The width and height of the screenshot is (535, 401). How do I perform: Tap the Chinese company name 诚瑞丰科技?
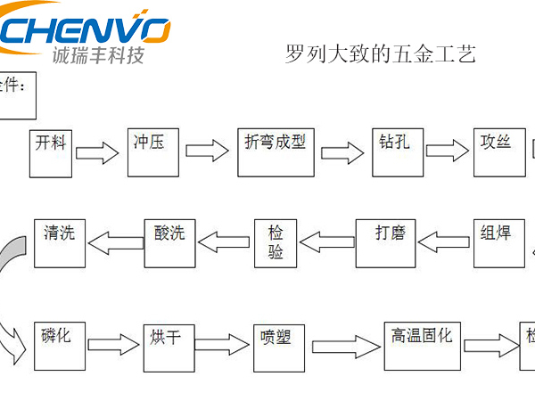click(x=98, y=56)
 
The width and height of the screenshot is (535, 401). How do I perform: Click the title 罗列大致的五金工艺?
click(x=379, y=54)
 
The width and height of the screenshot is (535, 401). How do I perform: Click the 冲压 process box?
click(x=154, y=151)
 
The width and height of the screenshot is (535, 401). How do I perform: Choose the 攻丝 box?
click(x=496, y=151)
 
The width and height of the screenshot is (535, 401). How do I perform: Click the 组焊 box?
click(x=497, y=241)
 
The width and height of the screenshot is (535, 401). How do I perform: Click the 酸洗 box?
click(x=169, y=241)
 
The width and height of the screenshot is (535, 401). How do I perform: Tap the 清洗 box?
click(x=60, y=241)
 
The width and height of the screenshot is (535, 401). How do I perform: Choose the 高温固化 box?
click(x=423, y=344)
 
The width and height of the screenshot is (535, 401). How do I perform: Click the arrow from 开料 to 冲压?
click(x=97, y=154)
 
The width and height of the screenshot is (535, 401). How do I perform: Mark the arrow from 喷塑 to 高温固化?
click(x=347, y=345)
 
